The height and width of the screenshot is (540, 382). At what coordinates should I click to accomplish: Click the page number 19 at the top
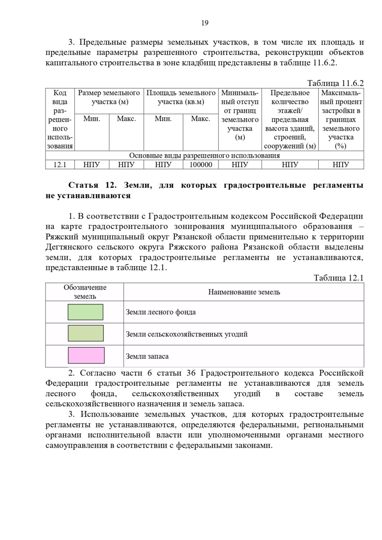205,23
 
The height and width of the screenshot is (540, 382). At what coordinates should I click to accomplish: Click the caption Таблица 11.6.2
335,83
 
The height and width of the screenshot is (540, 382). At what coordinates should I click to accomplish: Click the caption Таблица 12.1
338,278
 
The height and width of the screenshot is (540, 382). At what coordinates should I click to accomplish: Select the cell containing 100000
201,164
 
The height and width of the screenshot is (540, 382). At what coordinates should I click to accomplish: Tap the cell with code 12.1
60,164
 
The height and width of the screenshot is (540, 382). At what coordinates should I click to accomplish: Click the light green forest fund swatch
85,312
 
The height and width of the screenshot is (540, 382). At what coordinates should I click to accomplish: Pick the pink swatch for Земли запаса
86,355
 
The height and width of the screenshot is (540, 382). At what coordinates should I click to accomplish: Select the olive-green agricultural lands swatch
86,333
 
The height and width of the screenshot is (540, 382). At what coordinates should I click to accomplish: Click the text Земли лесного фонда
161,312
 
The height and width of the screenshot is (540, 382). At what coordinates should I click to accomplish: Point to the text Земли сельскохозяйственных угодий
187,334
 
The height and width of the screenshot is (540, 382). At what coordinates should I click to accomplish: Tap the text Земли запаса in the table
147,356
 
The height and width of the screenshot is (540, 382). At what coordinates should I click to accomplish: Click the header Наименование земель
244,292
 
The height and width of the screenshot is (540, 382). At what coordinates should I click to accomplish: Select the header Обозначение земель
85,292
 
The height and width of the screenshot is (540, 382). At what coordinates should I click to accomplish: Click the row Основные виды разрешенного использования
204,156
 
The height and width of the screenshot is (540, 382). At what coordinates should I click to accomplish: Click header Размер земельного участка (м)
109,97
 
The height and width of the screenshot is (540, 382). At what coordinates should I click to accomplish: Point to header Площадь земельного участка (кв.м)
181,97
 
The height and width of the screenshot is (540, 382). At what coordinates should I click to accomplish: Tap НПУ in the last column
341,164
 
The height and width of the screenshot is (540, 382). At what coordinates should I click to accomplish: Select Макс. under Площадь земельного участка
201,119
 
